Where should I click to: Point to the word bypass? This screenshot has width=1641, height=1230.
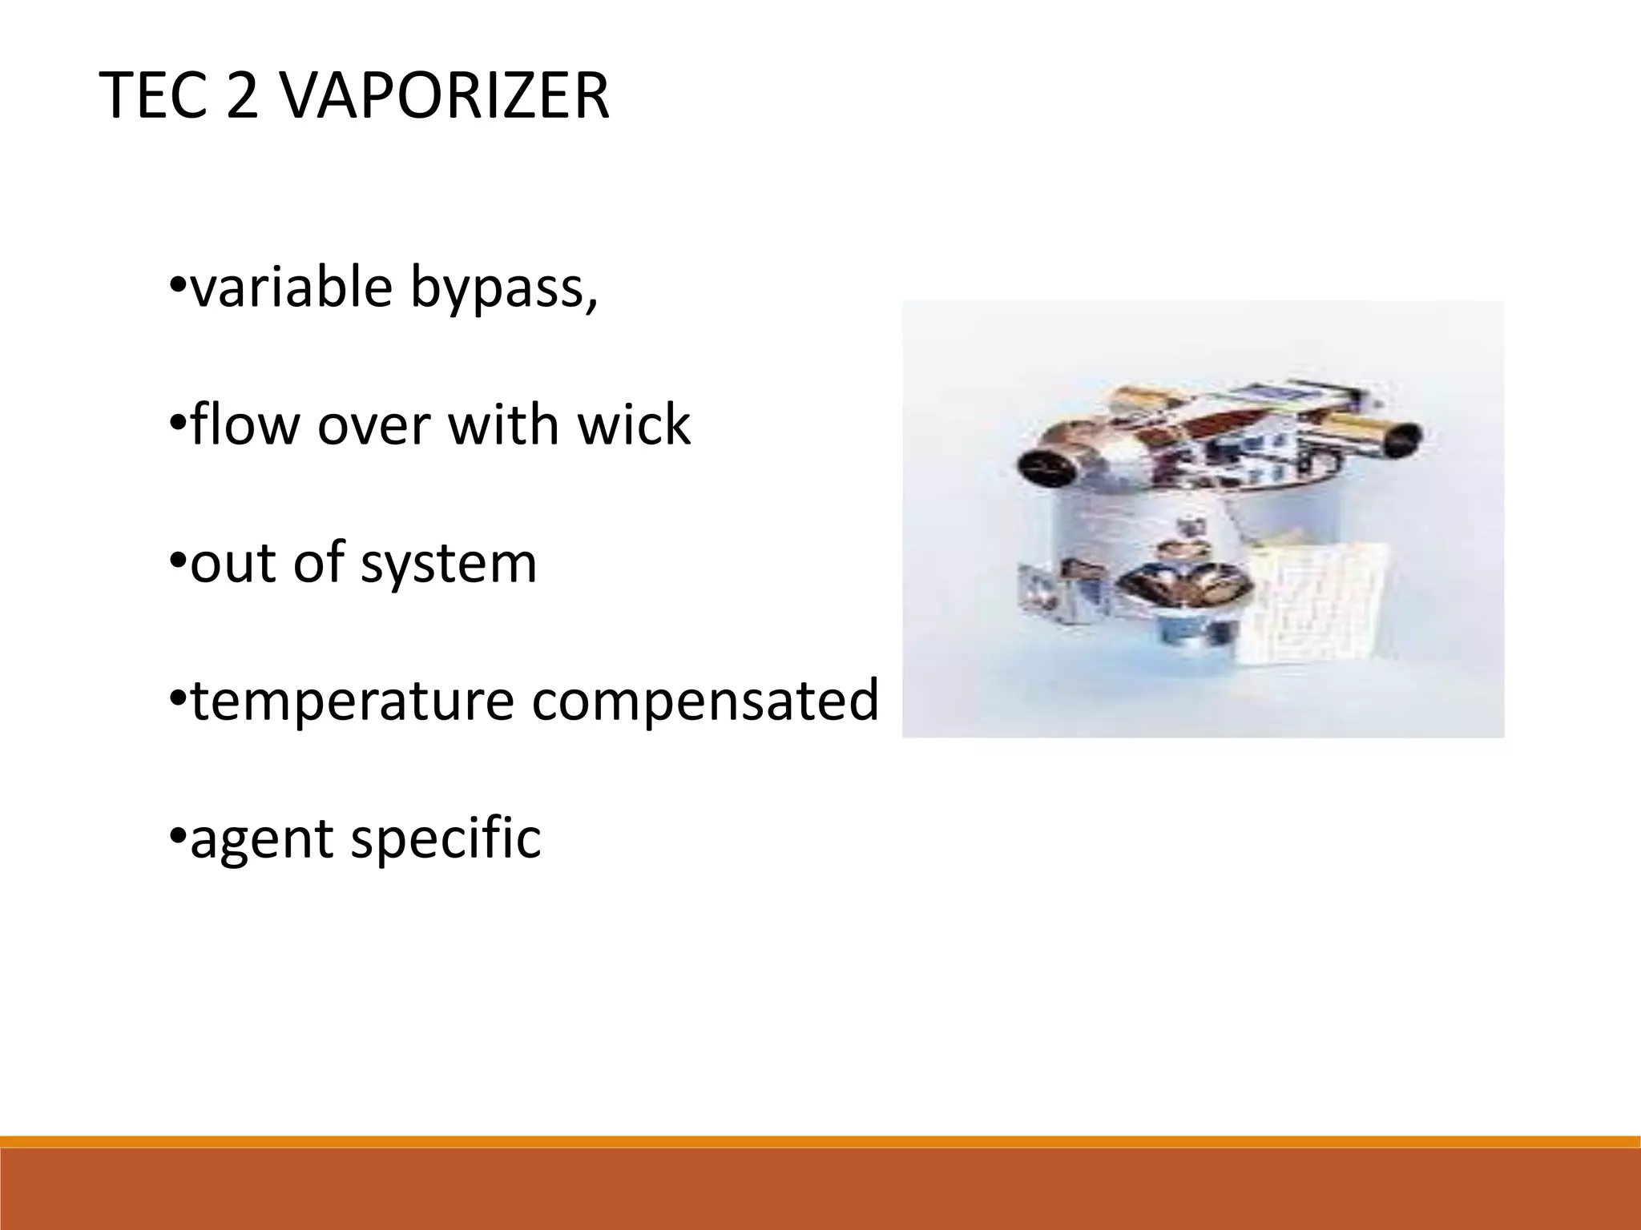click(503, 290)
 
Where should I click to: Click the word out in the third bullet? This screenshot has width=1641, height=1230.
click(232, 563)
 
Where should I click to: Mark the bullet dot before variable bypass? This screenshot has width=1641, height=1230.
click(177, 284)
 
